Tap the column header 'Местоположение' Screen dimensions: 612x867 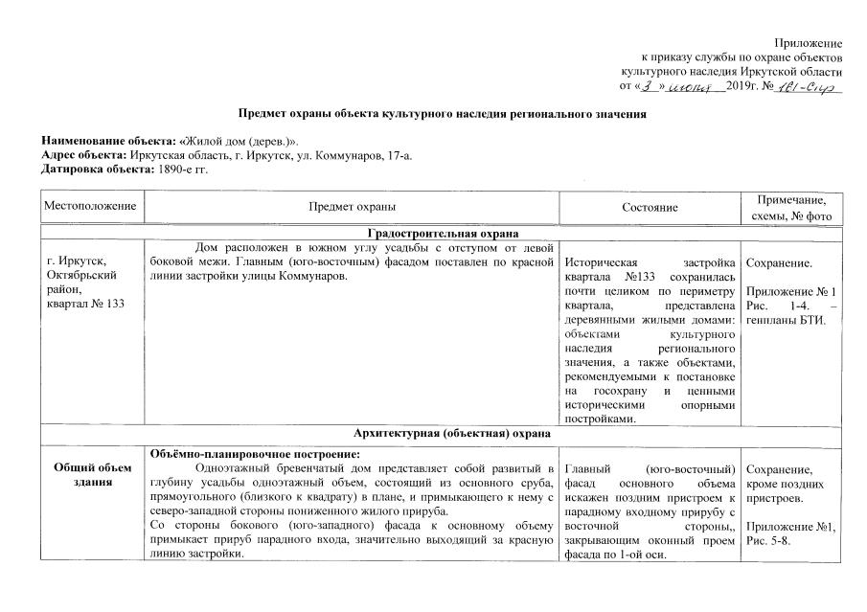coord(89,206)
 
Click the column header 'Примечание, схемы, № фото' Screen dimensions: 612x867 coord(793,206)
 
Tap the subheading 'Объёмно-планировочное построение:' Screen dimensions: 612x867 coord(240,452)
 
